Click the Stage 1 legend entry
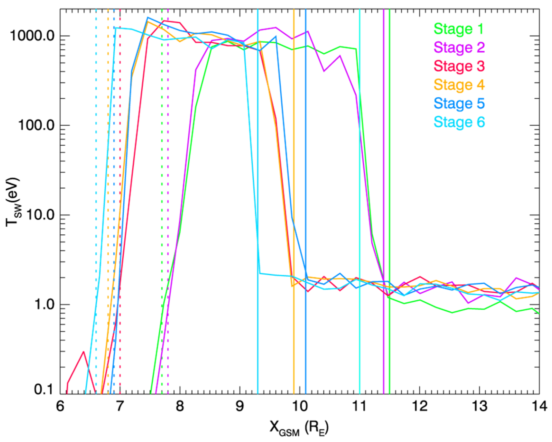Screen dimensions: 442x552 [458, 29]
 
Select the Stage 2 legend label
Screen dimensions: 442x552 [459, 47]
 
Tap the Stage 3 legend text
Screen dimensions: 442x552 [459, 66]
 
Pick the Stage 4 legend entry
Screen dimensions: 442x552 [459, 85]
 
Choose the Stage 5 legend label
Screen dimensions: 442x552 [459, 103]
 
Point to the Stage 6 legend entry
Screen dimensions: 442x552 [459, 122]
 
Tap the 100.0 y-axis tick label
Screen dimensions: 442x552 [36, 125]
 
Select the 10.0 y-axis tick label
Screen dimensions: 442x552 [40, 215]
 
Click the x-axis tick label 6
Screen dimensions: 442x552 [60, 406]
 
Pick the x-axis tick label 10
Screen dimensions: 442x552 [300, 406]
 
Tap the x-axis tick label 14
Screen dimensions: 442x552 [539, 406]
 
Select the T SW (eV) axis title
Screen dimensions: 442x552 [13, 202]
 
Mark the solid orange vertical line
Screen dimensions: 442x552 [294, 167]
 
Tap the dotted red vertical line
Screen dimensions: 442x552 [120, 195]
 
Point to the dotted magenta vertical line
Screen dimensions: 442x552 [168, 195]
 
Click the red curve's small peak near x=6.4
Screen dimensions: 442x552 [83, 352]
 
